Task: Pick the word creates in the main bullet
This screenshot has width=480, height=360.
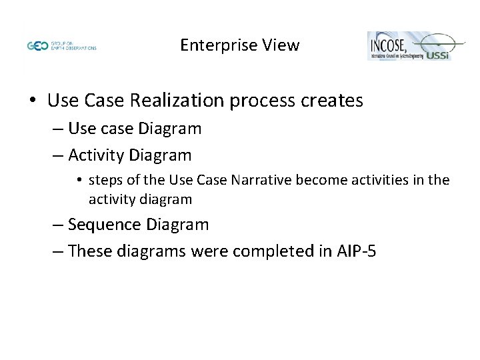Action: (x=331, y=101)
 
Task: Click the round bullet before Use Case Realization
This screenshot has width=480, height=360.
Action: (x=33, y=101)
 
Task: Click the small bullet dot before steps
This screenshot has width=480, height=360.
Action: (x=80, y=180)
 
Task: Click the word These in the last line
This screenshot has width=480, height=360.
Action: (x=89, y=251)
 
